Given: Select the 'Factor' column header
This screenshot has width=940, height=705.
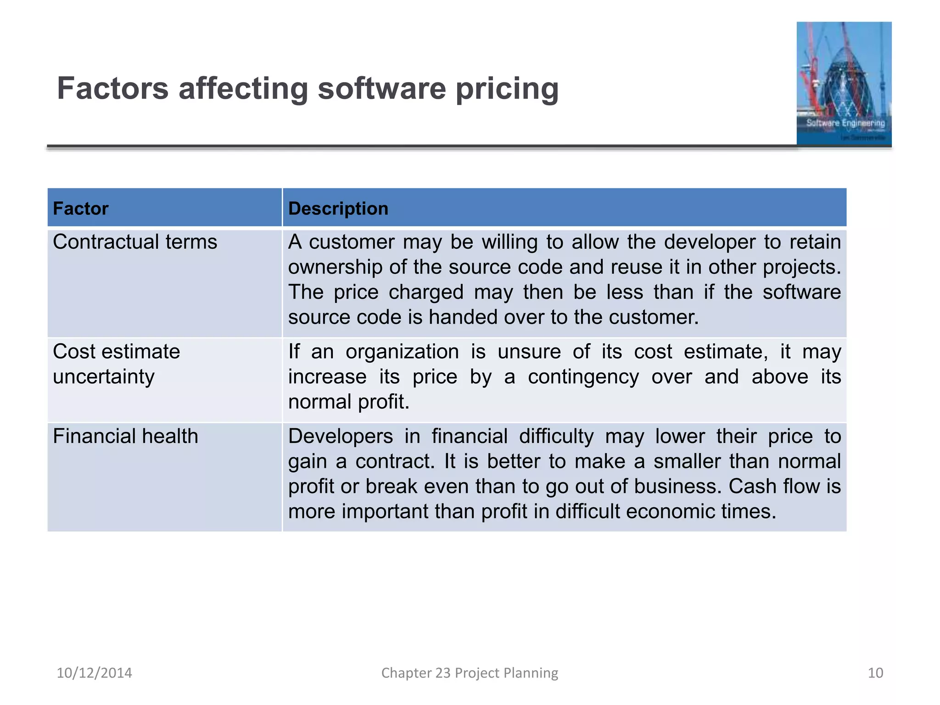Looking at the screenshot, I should point(81,208).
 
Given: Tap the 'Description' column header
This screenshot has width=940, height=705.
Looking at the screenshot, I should point(338,208).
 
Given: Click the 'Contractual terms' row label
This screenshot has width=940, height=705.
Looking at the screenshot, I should point(135,242).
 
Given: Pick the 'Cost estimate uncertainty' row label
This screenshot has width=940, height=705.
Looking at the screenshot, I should point(117,364).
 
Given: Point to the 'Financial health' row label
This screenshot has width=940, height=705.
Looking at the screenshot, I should point(125,436).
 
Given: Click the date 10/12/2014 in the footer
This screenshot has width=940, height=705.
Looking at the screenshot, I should point(94,673).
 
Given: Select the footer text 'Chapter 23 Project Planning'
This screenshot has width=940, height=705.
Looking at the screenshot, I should point(470,673).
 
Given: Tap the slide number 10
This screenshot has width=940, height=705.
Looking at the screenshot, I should point(875,673).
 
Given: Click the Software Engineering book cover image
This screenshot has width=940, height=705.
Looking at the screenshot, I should point(844,84).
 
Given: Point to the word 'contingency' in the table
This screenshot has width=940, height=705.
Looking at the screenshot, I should point(583,377).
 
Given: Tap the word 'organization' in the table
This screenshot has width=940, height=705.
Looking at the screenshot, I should point(402,352).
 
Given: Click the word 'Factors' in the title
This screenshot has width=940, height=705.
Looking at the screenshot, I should point(112,89).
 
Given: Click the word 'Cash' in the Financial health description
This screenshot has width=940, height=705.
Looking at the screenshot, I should point(752,487).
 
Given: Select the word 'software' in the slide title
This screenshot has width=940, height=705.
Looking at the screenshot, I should point(382,89).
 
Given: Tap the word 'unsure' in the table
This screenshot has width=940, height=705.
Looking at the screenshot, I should point(529,352).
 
